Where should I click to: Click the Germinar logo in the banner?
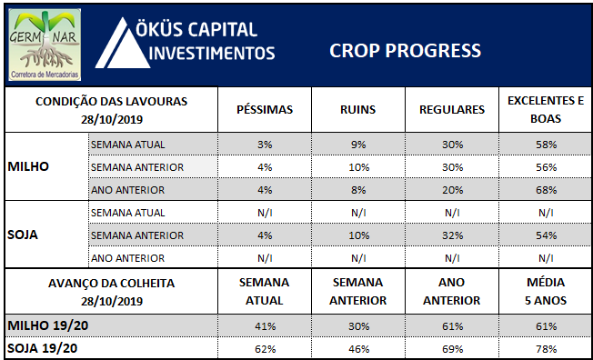[x=45, y=45]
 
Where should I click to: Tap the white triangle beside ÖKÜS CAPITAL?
[x=122, y=44]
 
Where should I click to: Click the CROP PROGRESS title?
[x=405, y=51]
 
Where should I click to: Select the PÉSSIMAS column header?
[x=265, y=110]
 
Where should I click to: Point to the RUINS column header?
[x=357, y=110]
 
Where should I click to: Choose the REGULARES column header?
[x=452, y=110]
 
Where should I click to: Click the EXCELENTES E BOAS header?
[x=546, y=110]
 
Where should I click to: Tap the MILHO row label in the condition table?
[x=28, y=166]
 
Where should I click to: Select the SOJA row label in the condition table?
[x=23, y=235]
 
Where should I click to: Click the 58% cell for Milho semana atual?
[x=546, y=145]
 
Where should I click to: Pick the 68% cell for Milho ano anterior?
[x=546, y=190]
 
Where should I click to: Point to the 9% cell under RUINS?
[x=358, y=145]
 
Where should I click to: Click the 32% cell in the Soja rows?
[x=452, y=235]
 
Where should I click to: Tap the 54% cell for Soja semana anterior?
[x=546, y=235]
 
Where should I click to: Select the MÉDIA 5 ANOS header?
[x=546, y=292]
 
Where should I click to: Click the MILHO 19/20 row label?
[x=48, y=325]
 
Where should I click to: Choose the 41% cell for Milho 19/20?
[x=265, y=326]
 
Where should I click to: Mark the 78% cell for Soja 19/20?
[x=546, y=349]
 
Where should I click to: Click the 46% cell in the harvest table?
[x=358, y=349]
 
